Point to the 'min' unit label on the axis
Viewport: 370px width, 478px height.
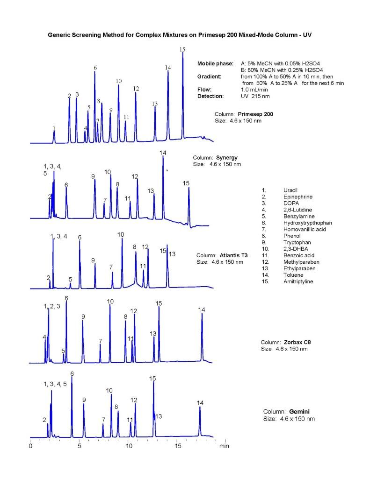coord(224,446)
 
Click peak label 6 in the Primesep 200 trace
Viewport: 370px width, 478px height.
coord(95,68)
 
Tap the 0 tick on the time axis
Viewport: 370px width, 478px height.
coord(30,446)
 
